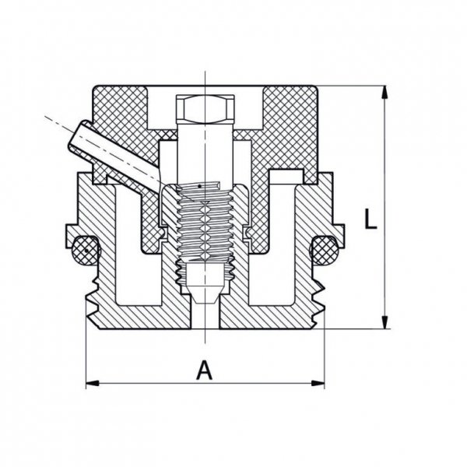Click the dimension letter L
pyautogui.click(x=370, y=219)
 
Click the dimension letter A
pyautogui.click(x=204, y=370)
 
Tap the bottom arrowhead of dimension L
pyautogui.click(x=384, y=322)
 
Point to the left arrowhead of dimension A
pyautogui.click(x=93, y=383)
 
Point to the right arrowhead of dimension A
pyautogui.click(x=318, y=383)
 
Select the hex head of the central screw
pyautogui.click(x=205, y=109)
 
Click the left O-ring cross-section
pyautogui.click(x=86, y=251)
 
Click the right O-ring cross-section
pyautogui.click(x=325, y=250)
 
